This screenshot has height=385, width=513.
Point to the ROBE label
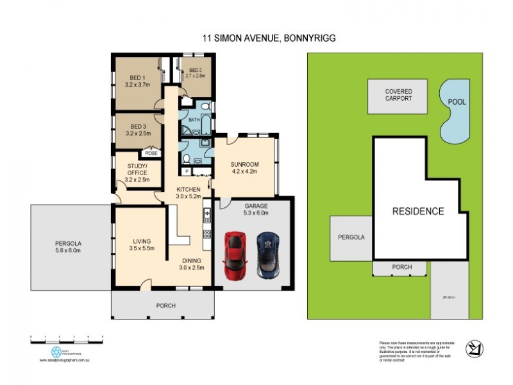pyautogui.click(x=151, y=153)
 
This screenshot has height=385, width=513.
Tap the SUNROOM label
pyautogui.click(x=244, y=164)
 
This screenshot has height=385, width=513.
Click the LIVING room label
pyautogui.click(x=142, y=241)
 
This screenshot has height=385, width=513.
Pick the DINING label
pyautogui.click(x=190, y=261)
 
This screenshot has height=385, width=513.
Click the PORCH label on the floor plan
pyautogui.click(x=165, y=306)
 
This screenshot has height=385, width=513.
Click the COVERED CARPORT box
pyautogui.click(x=398, y=96)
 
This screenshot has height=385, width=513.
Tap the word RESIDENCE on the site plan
pyautogui.click(x=417, y=211)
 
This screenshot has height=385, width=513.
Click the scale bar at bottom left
pyautogui.click(x=66, y=338)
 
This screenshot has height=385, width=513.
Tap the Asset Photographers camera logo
pyautogui.click(x=56, y=352)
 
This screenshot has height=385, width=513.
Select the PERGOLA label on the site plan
pyautogui.click(x=351, y=237)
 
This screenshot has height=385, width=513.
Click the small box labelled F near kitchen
pyautogui.click(x=186, y=171)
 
